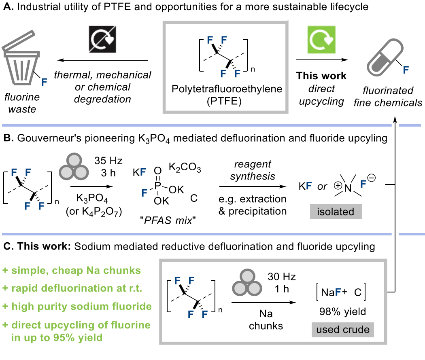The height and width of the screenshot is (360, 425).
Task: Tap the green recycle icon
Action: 321,40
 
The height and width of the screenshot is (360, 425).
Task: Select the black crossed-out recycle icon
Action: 102,39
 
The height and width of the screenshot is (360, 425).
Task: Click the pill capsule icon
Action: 385,57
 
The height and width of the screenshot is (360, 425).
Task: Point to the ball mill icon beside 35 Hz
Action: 74,167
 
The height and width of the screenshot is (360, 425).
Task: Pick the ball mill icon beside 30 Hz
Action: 247,282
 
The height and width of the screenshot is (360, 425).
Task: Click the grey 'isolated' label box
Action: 336,212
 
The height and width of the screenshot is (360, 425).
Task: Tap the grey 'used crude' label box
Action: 343,330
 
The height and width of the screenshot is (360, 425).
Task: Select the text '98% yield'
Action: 342,311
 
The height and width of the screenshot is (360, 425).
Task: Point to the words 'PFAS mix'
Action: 168,220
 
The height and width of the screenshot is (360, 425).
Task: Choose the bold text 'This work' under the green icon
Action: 321,76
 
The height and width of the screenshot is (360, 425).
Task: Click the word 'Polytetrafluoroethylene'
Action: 227,89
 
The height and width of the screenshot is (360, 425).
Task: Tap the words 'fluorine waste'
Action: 22,103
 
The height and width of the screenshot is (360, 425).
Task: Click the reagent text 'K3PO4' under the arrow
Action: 92,199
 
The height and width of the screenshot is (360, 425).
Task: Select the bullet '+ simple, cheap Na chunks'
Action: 72,270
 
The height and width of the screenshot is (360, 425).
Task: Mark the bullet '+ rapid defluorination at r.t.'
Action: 72,288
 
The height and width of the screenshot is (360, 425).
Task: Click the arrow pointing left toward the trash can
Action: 102,60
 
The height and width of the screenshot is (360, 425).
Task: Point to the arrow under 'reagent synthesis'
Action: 253,186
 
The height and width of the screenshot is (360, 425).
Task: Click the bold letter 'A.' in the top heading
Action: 8,6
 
